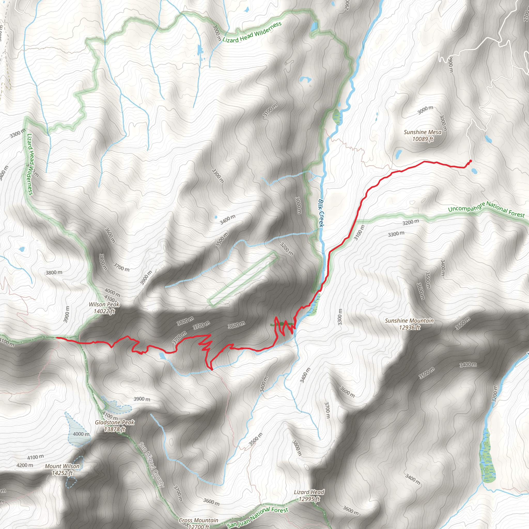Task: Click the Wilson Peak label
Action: (104, 305)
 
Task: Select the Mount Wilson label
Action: (62, 466)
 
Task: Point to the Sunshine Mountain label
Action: (409, 321)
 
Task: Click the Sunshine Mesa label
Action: (423, 132)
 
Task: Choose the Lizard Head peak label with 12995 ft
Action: (309, 492)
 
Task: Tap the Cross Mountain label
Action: (199, 520)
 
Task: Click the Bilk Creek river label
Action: (321, 213)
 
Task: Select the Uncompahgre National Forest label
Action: (486, 209)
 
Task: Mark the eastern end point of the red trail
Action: (470, 161)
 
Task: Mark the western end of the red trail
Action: (57, 338)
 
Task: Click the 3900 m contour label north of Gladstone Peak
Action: (142, 399)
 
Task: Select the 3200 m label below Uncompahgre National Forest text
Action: (410, 222)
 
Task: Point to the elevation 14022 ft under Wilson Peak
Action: (104, 311)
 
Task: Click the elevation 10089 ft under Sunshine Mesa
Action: (423, 139)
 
